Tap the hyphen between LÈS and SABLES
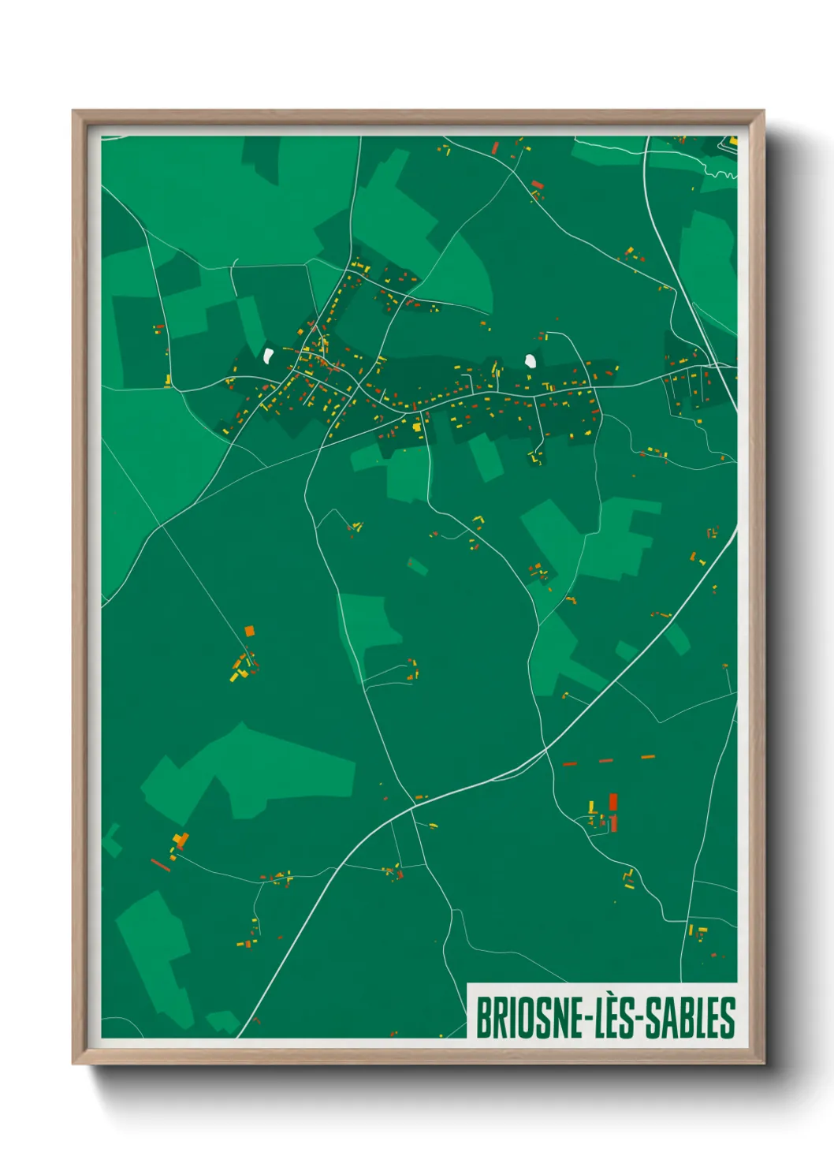point(640,1019)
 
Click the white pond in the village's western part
point(269,356)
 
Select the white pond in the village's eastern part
point(531,361)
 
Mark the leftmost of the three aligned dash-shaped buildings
point(570,764)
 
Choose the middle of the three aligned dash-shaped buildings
point(606,761)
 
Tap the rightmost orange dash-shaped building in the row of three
point(648,757)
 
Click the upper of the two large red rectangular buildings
point(612,802)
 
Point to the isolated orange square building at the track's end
point(250,631)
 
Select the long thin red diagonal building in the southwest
point(161,865)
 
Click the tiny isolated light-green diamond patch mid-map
point(417,566)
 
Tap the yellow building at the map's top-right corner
point(733,141)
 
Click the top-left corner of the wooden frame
point(73,111)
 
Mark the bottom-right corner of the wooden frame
point(763,1064)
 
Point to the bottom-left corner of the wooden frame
point(73,1064)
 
